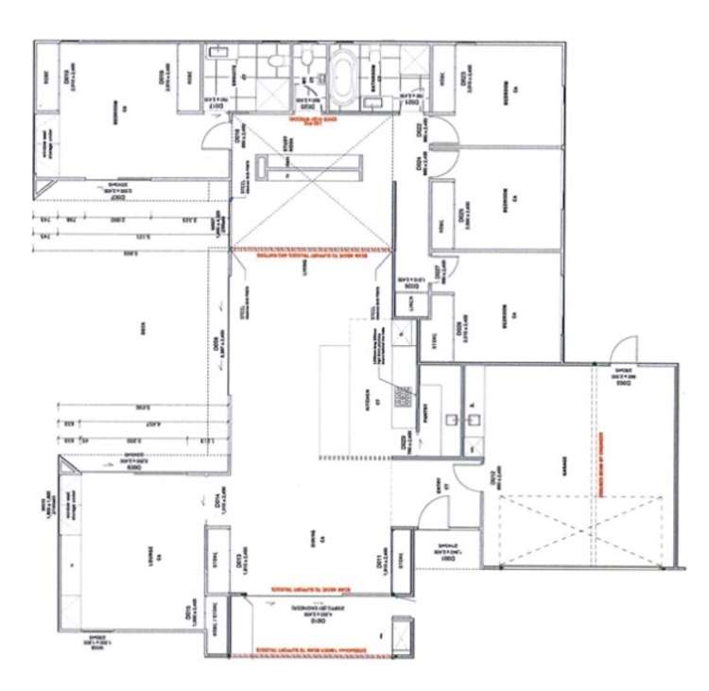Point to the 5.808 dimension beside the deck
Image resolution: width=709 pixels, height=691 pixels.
click(x=127, y=255)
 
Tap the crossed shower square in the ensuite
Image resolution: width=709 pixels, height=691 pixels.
click(x=219, y=80)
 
